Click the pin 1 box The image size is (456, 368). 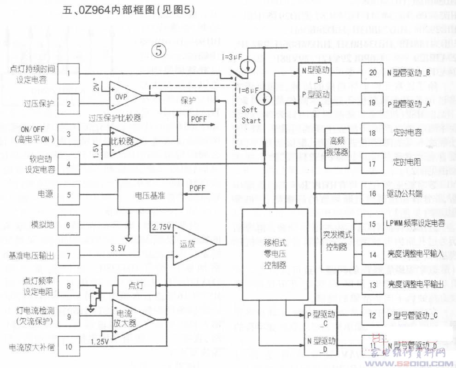69,73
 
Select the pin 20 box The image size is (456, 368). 373,73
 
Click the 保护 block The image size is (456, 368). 187,101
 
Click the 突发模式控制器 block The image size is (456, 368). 337,244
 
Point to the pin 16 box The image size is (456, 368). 373,193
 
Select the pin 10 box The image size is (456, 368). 69,347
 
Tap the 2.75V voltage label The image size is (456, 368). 161,227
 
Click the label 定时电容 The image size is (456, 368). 408,133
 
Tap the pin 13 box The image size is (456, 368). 373,285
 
